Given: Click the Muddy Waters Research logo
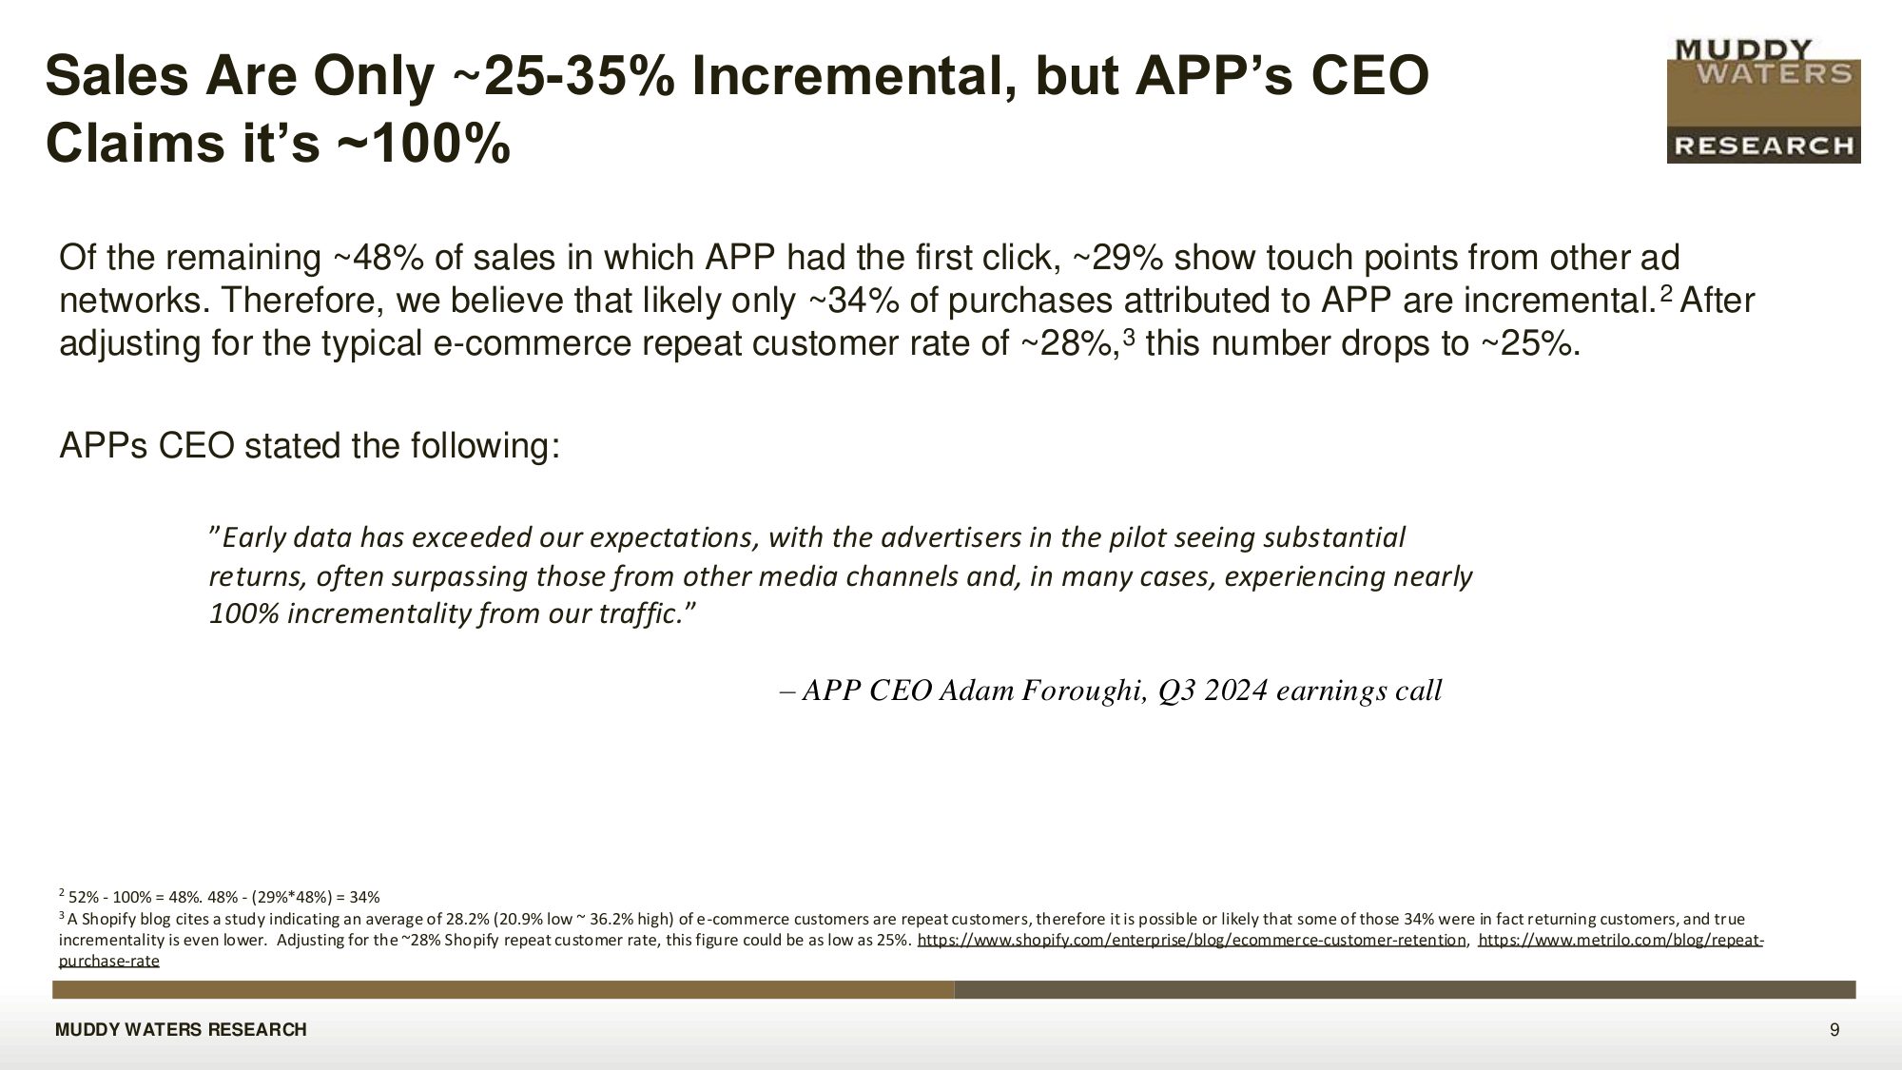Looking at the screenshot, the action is click(1763, 101).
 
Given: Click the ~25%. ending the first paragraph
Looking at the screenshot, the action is click(1529, 343).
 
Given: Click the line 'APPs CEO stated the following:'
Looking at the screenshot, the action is click(310, 445).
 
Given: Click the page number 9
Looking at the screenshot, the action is click(1834, 1030).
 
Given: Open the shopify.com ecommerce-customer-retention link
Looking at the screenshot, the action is click(1192, 941).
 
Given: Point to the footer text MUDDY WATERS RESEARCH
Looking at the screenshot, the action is click(181, 1030).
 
